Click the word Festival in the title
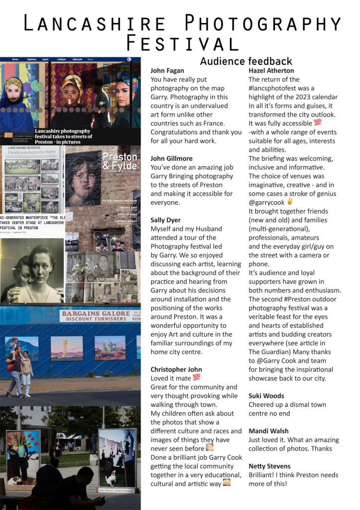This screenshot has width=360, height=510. [182, 43]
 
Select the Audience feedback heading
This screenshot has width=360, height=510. [246, 61]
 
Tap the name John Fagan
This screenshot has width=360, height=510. [167, 71]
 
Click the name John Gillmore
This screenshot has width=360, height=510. [171, 158]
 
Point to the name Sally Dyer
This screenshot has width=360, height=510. [165, 220]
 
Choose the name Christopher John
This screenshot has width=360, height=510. [176, 370]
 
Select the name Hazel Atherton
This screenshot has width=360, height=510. [271, 71]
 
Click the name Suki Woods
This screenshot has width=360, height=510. [266, 396]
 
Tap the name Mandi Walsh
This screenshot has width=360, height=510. [268, 431]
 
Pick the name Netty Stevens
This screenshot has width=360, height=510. [269, 466]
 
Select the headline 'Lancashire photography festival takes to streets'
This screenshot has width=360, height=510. [64, 134]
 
